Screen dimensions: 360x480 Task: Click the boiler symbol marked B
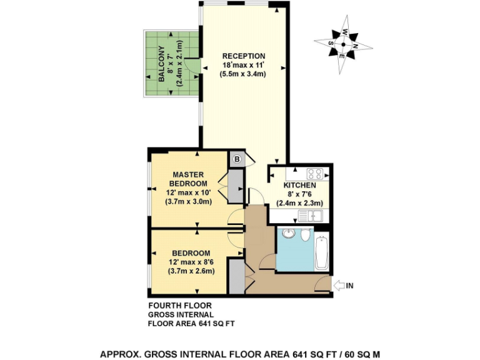pos(237,159)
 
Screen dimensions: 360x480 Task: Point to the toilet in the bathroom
pos(305,236)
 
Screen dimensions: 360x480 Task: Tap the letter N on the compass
pos(356,46)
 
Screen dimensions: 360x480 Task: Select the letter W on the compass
pos(344,32)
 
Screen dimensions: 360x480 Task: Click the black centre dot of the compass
pos(342,44)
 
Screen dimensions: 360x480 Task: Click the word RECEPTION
pos(244,56)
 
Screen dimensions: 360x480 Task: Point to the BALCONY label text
pos(161,64)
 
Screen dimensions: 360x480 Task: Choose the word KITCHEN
pos(299,186)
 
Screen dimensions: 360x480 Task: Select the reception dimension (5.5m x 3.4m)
pos(244,74)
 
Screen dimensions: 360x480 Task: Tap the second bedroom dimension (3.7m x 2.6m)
pos(191,271)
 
